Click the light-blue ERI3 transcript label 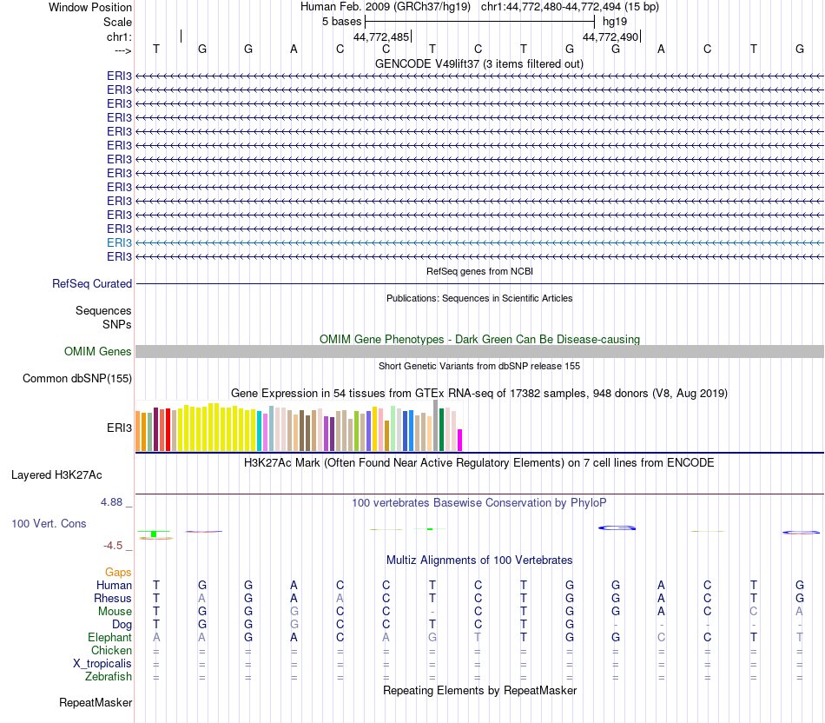click(119, 242)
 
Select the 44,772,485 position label click(381, 36)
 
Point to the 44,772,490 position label click(610, 36)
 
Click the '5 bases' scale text click(341, 21)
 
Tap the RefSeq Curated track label click(92, 283)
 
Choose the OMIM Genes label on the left click(98, 351)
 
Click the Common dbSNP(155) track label click(77, 378)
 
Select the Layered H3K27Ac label click(56, 474)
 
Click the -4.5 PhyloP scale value click(115, 545)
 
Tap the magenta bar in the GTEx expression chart click(460, 440)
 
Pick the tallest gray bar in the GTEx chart click(435, 425)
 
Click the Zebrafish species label click(108, 675)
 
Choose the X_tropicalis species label click(102, 663)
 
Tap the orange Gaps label click(118, 572)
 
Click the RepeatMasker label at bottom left click(95, 701)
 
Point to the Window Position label click(90, 7)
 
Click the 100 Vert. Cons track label click(49, 523)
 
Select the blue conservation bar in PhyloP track click(617, 527)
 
